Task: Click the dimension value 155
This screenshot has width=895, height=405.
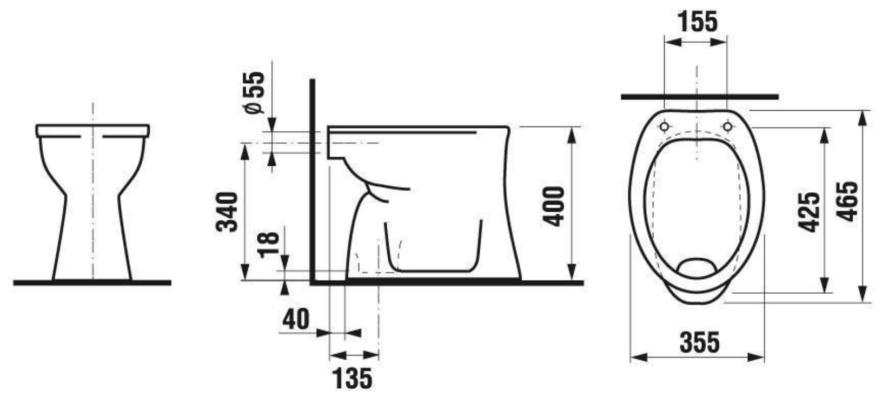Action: (698, 22)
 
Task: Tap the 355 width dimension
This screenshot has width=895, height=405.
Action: (700, 342)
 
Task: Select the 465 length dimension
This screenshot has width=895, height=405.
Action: (848, 201)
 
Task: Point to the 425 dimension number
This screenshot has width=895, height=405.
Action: (809, 212)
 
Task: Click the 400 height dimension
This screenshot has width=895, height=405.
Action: (555, 206)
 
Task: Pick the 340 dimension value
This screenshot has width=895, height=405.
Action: (227, 212)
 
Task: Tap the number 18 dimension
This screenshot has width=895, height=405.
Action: (268, 244)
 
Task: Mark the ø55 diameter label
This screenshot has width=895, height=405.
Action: (255, 92)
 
